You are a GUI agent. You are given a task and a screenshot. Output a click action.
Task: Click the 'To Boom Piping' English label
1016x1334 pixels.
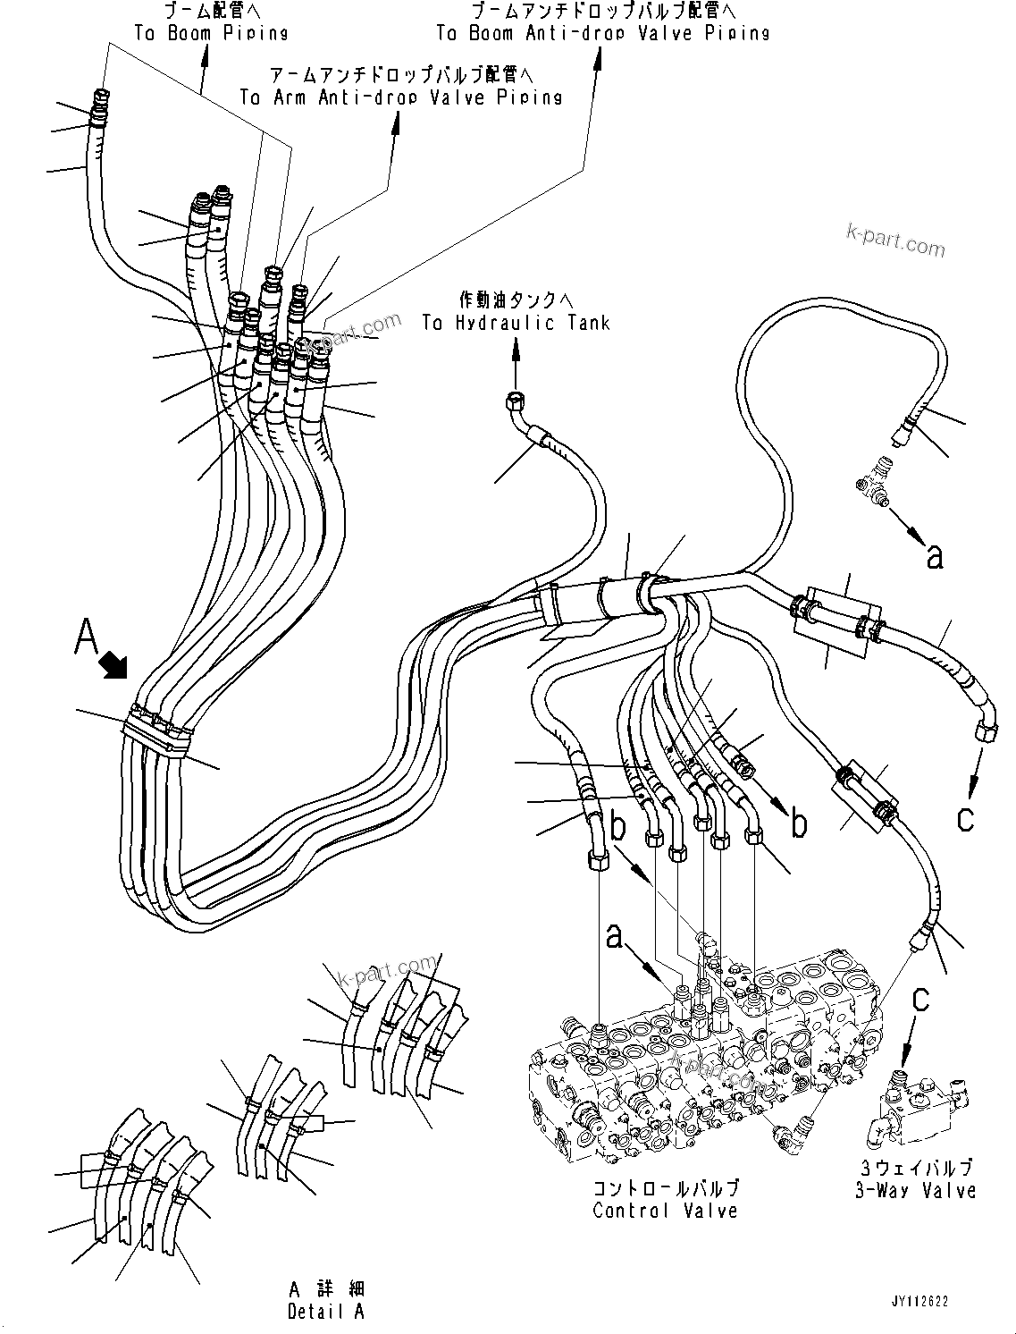211,33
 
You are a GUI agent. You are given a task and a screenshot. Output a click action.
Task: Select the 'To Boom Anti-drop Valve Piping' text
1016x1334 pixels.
602,33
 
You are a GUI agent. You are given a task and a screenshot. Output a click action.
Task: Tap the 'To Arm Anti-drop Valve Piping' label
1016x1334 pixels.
401,97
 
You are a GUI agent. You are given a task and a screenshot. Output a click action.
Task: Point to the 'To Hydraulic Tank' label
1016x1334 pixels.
516,323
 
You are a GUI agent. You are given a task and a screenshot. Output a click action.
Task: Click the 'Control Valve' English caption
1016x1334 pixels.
666,1211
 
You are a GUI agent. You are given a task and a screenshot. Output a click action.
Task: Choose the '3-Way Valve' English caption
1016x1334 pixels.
915,1190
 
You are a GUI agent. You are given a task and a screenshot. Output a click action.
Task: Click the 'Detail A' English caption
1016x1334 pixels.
326,1312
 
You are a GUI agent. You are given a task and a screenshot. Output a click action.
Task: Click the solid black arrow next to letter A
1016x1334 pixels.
114,664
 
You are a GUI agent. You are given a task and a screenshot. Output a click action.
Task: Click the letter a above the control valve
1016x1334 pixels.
614,936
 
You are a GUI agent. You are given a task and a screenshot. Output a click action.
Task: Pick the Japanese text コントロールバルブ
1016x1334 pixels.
666,1189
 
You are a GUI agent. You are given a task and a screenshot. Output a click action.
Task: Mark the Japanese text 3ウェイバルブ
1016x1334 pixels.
915,1168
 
